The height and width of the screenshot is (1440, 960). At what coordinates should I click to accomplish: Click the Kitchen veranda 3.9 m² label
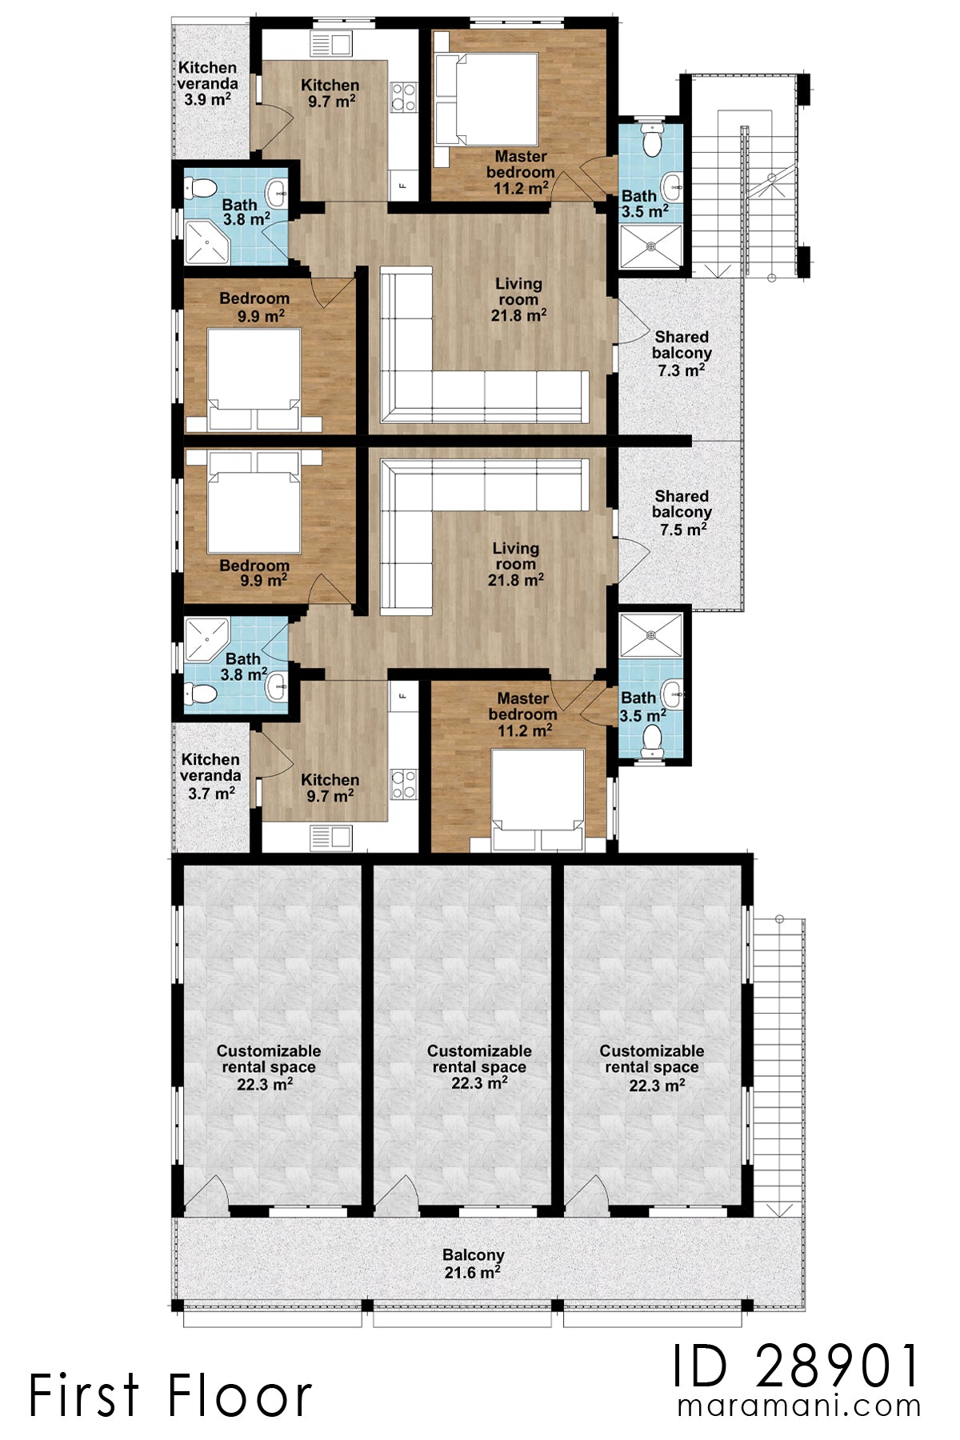(207, 84)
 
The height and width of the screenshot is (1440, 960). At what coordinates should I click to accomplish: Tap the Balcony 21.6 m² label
(474, 1263)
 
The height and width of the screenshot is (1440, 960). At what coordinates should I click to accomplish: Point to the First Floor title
(170, 1395)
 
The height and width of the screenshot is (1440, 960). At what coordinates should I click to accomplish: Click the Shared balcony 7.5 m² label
(682, 513)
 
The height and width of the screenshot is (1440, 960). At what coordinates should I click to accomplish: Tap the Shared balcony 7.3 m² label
(682, 354)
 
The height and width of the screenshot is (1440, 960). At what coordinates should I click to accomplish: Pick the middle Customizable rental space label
(479, 1067)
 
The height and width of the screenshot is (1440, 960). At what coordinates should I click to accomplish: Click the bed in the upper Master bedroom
(486, 99)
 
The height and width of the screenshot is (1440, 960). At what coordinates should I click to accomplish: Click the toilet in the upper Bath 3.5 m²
(654, 141)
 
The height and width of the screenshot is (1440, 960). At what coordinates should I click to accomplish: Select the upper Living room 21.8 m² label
(518, 299)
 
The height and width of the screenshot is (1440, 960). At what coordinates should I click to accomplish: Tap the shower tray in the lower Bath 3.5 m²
(651, 636)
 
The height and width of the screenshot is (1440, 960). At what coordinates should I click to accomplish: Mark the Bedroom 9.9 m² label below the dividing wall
(254, 573)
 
